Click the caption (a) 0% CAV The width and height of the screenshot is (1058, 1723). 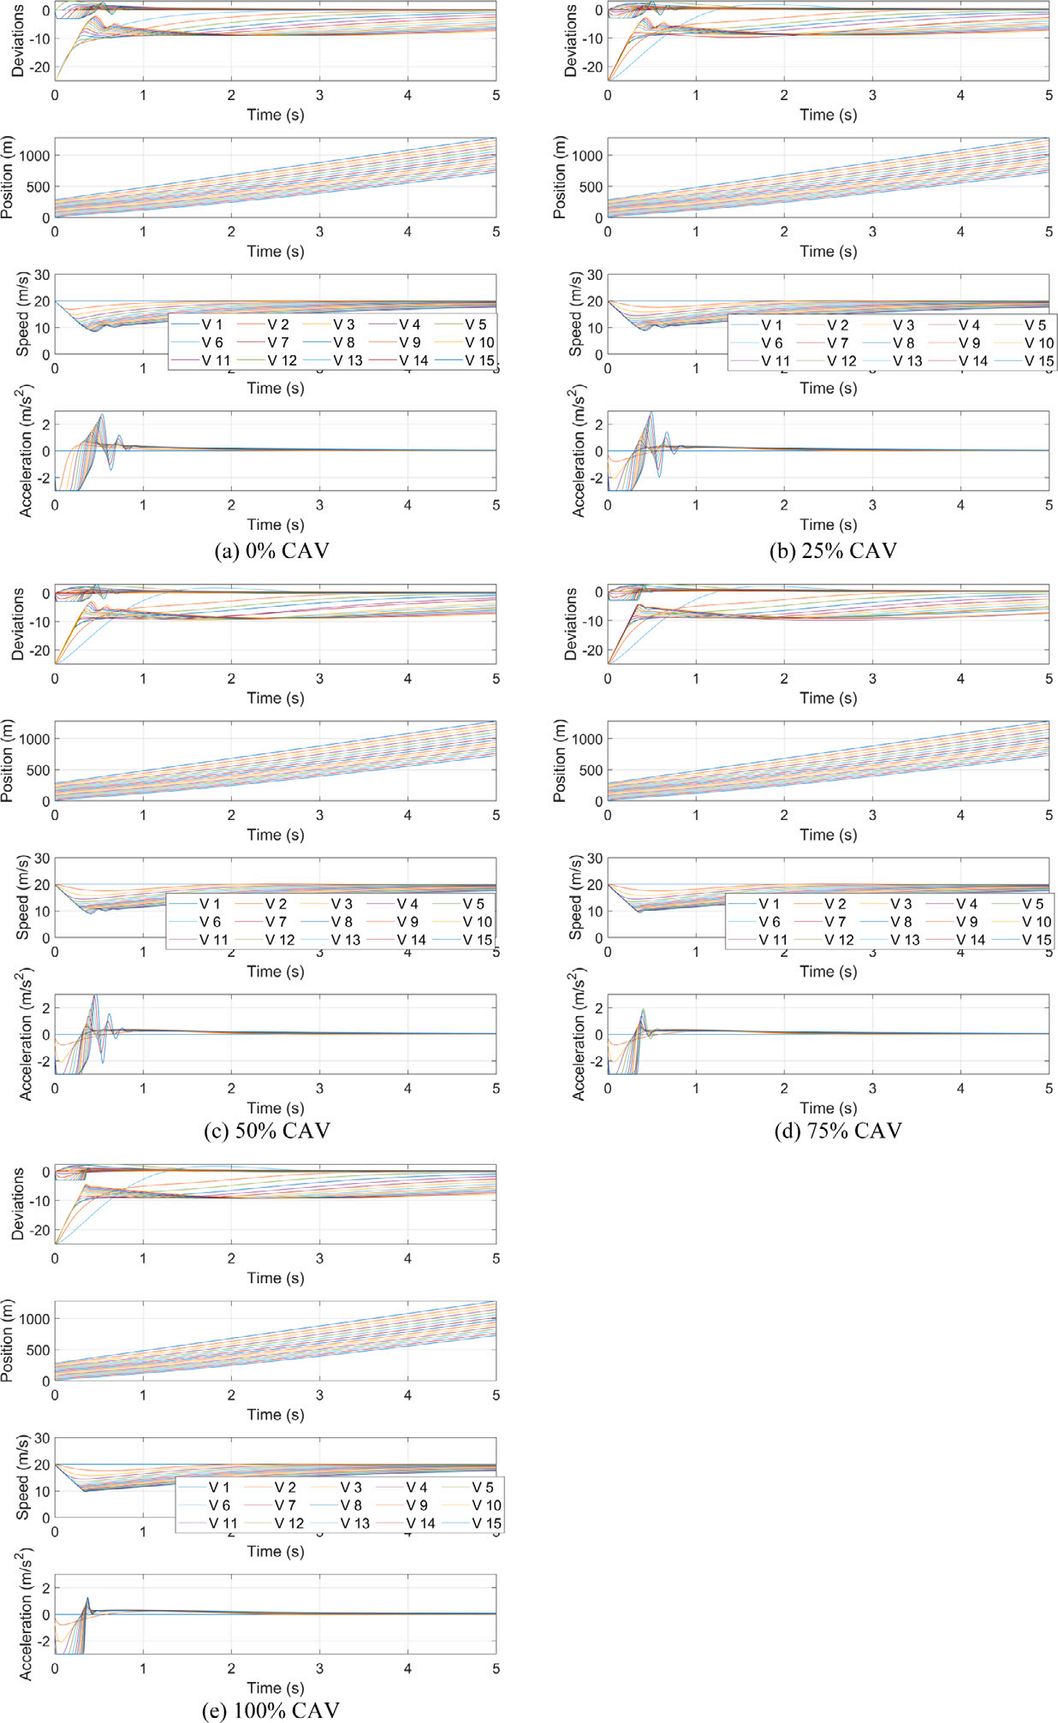click(x=271, y=550)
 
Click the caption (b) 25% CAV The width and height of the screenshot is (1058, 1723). click(x=833, y=550)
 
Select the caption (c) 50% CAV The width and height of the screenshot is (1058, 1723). click(x=267, y=1131)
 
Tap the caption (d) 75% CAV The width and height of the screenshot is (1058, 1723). click(x=838, y=1131)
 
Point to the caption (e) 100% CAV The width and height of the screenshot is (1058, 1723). click(x=270, y=1710)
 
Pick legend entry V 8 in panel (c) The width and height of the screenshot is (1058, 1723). click(x=341, y=922)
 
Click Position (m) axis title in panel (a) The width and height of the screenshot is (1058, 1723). click(x=9, y=177)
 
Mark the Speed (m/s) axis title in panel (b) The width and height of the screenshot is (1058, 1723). click(x=575, y=314)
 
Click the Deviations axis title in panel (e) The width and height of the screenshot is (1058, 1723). click(x=17, y=1204)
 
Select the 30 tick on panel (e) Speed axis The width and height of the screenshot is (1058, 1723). click(x=42, y=1439)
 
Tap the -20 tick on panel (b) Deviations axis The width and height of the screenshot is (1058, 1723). click(x=591, y=67)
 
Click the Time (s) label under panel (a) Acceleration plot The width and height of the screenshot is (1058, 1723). click(x=276, y=525)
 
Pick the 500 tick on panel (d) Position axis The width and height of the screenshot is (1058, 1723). click(x=590, y=770)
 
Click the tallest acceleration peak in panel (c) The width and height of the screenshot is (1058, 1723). click(x=94, y=995)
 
